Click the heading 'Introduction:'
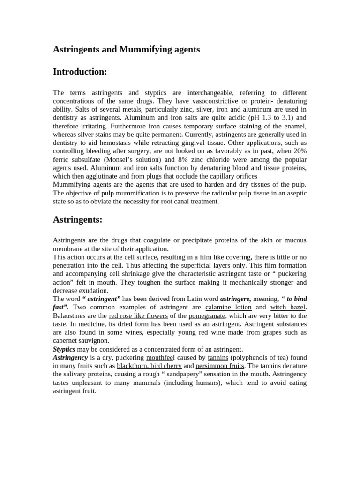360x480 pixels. pos(80,72)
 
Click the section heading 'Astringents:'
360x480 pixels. pos(77,219)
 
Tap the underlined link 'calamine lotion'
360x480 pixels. pos(228,307)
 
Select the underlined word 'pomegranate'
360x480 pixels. pos(207,316)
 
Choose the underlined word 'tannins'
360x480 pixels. pos(218,358)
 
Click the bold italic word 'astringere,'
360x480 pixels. pos(235,299)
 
